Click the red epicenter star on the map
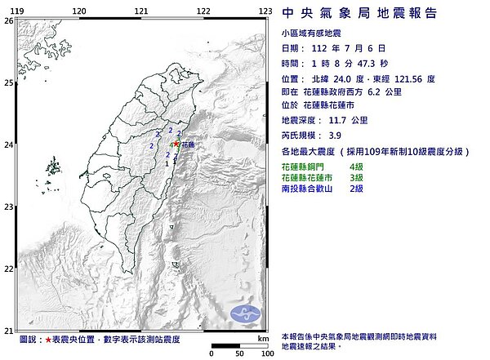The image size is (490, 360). coord(176,144)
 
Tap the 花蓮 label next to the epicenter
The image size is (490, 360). coord(189,144)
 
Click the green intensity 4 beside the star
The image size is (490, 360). coord(170,145)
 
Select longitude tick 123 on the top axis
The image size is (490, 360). coord(265,11)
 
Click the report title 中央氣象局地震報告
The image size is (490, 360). coord(359,13)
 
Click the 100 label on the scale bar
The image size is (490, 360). coord(266,354)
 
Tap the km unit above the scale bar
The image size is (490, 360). coord(262,336)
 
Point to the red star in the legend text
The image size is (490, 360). coord(49,338)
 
